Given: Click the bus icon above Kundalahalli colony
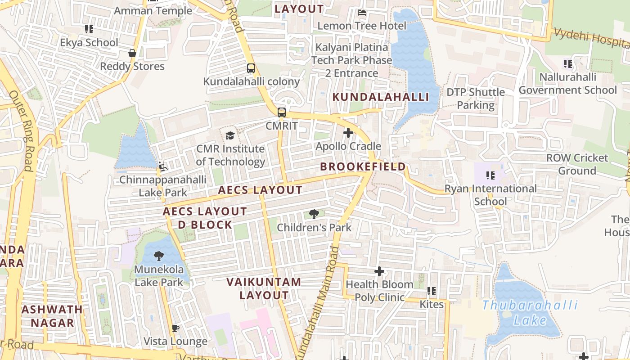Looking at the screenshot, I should tap(251, 68).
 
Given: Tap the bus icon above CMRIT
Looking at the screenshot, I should tap(282, 112).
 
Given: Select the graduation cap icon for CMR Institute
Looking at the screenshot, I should tap(230, 135).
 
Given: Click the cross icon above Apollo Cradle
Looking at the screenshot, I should tap(348, 133).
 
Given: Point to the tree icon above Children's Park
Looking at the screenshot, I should tap(314, 214).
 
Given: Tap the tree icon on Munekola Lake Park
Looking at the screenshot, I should tap(158, 256).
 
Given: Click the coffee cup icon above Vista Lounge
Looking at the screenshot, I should tap(175, 328).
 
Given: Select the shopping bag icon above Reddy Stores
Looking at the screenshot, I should tap(132, 53).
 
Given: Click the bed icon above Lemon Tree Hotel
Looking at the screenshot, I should tap(361, 13).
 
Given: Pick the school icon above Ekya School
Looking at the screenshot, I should tap(89, 29).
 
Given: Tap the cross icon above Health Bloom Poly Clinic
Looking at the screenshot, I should tap(379, 271).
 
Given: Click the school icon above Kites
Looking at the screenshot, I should tap(432, 291).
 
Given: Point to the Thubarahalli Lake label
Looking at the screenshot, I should tap(530, 313).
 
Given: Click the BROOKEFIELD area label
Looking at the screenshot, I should tap(363, 166).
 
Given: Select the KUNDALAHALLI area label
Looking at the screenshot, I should tap(380, 97).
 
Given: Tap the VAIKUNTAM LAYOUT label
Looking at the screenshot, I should tap(264, 288).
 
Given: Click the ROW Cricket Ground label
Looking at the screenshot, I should tap(577, 164).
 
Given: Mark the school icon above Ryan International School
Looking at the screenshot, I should tap(490, 175).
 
